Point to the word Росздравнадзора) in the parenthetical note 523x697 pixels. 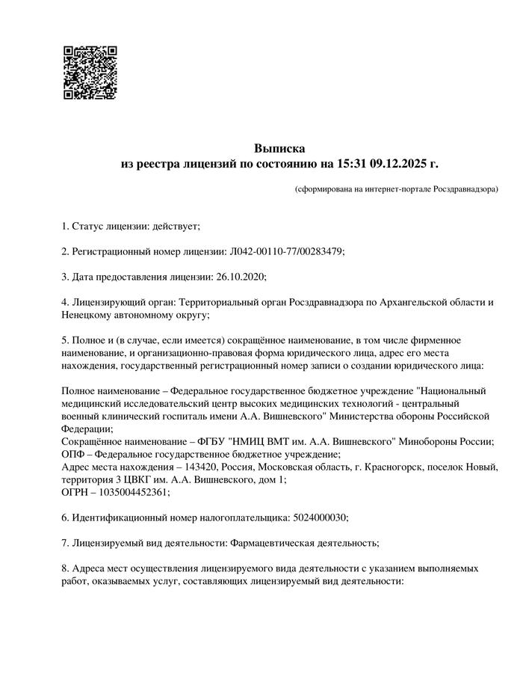point(467,189)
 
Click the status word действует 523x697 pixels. point(176,225)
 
